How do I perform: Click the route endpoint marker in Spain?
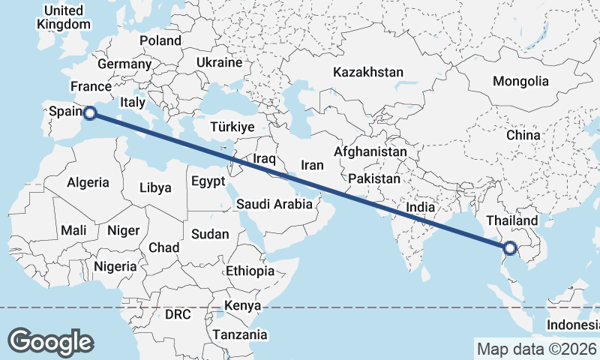click(90, 113)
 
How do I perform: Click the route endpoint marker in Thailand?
click(510, 248)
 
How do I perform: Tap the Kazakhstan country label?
click(368, 73)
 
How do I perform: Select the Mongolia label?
click(520, 81)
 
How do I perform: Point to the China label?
click(523, 135)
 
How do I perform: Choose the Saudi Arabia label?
click(274, 204)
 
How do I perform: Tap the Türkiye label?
click(232, 127)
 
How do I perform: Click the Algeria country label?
click(88, 182)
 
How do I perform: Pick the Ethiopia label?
click(250, 271)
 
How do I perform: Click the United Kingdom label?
click(64, 17)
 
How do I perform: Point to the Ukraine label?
click(219, 62)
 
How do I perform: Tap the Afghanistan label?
click(370, 151)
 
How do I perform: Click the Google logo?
click(50, 341)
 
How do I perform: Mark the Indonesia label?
click(572, 325)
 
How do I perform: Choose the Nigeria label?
click(115, 265)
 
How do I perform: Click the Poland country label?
click(160, 40)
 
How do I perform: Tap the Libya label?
click(156, 187)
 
